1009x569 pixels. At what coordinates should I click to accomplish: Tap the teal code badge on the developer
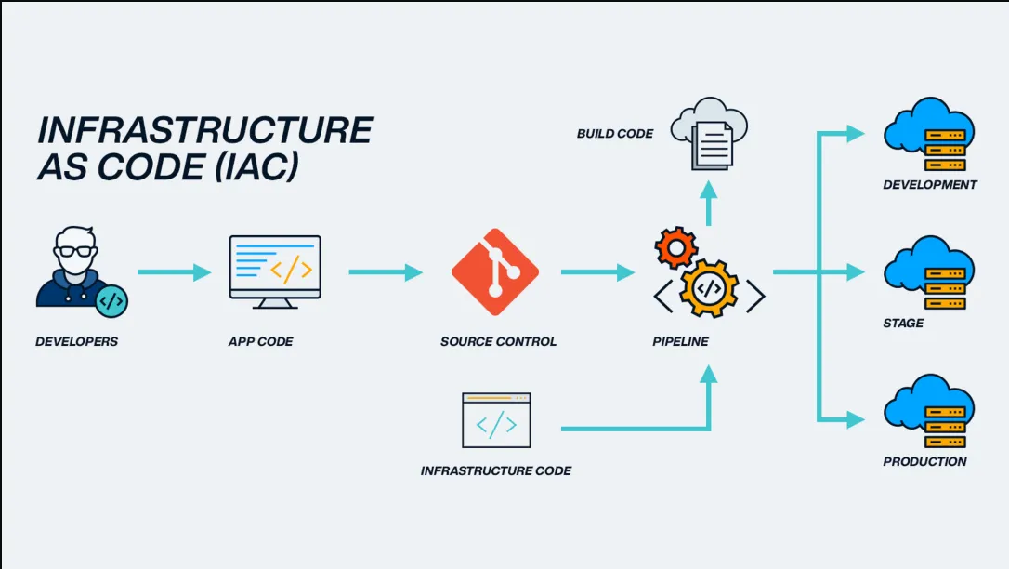(x=111, y=300)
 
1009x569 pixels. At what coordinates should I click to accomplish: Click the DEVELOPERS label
(x=77, y=341)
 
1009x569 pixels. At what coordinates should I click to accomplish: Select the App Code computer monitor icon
(x=275, y=271)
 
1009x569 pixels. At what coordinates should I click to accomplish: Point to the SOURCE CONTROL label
(x=498, y=341)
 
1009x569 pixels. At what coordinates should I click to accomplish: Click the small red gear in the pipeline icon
(x=675, y=247)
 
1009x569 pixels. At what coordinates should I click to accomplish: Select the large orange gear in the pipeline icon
(x=709, y=288)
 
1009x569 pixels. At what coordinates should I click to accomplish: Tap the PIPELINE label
(x=680, y=341)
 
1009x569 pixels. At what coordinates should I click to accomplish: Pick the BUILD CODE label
(x=614, y=134)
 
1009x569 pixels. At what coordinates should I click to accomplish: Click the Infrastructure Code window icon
(x=496, y=420)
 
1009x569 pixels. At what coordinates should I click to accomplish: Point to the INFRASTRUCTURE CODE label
(x=495, y=470)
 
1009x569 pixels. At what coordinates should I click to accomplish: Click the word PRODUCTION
(x=924, y=461)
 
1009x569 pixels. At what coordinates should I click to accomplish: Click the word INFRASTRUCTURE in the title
(x=204, y=130)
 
